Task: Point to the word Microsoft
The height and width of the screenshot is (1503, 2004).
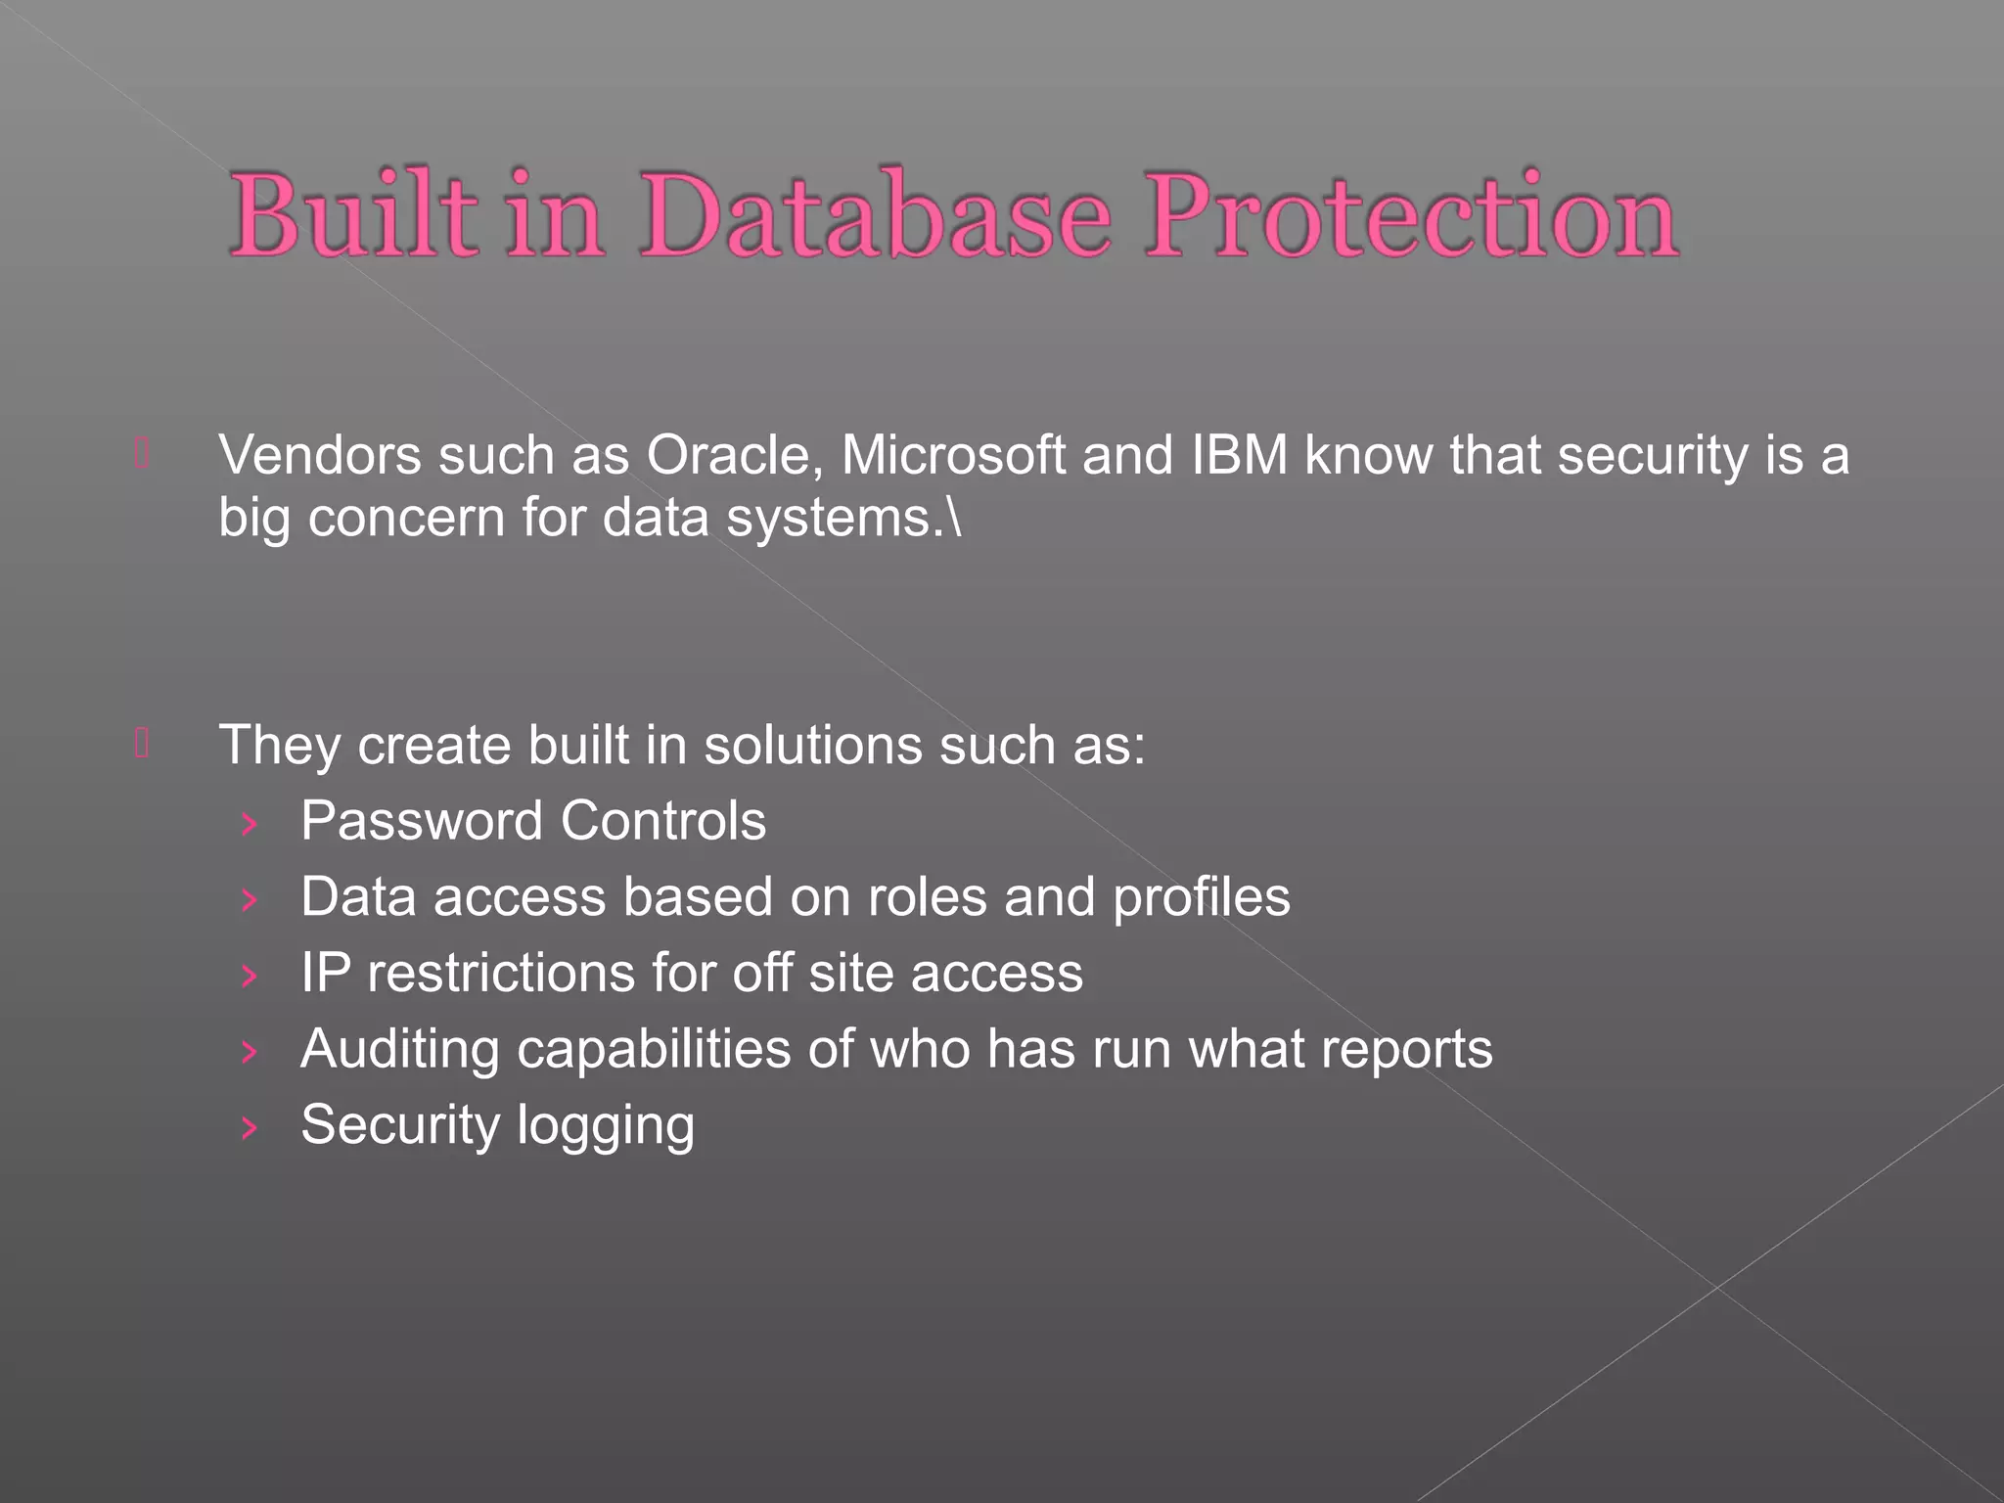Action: click(x=953, y=456)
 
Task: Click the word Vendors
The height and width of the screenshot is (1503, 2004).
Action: click(x=320, y=456)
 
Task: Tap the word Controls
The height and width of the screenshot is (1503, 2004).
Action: click(x=663, y=821)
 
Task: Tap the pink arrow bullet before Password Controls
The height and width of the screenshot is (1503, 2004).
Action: click(x=250, y=824)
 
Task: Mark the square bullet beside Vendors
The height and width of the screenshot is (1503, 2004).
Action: click(x=142, y=454)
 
